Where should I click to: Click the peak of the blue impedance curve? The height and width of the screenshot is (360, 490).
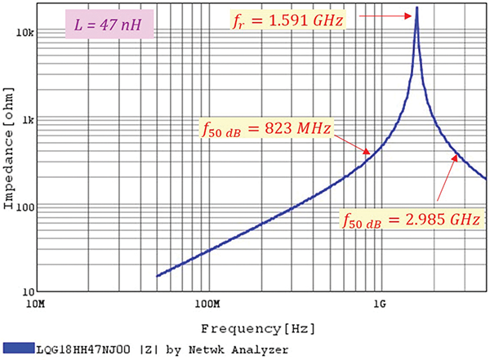point(417,9)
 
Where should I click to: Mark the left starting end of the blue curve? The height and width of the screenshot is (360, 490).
point(157,275)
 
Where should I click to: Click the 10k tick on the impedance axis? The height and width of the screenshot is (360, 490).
point(24,33)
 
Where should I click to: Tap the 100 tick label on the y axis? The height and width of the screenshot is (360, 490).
point(23,206)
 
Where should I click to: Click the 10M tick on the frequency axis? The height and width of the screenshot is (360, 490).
point(35,305)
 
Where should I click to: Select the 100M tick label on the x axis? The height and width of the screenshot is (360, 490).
point(207,305)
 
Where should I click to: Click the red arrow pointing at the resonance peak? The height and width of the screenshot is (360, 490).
point(383,15)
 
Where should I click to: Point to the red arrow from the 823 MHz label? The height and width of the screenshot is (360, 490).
point(357,144)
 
